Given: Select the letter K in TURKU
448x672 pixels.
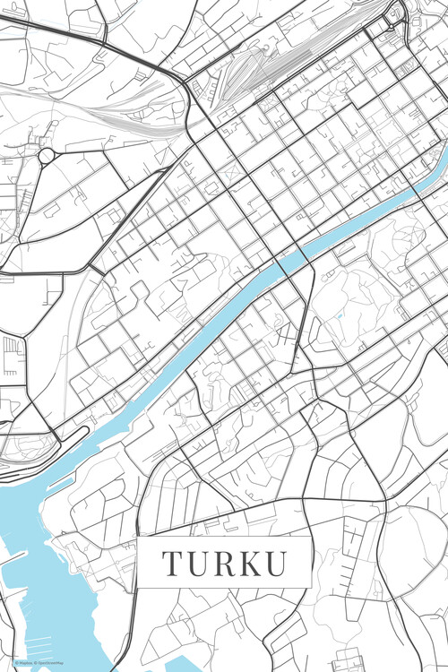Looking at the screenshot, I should pos(250,564).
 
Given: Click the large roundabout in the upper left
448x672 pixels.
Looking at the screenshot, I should pos(47,156).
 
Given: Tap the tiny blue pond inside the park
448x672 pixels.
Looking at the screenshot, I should pos(340,315).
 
